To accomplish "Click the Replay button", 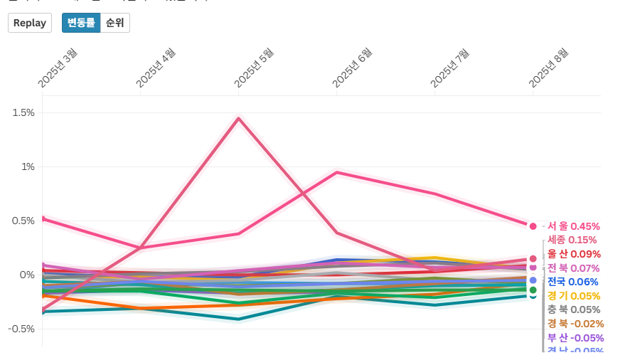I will [x=29, y=23].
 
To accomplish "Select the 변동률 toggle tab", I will [x=81, y=23].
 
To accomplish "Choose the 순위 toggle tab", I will [x=115, y=23].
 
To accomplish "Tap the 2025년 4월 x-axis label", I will [x=156, y=68].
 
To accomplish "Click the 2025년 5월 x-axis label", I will [x=254, y=68].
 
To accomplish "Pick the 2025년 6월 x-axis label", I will [x=352, y=68].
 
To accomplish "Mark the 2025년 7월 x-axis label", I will [x=450, y=68].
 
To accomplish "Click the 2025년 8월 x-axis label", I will [x=548, y=68].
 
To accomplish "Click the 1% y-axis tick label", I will [x=27, y=166].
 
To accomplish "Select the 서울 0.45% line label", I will [x=573, y=226].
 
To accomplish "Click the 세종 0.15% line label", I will [x=572, y=240].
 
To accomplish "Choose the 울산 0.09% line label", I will [x=574, y=254].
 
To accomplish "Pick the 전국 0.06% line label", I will [x=573, y=282].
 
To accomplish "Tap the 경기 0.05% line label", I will [x=573, y=296].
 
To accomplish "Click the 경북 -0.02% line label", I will [x=575, y=324].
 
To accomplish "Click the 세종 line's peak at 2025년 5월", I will [x=239, y=118].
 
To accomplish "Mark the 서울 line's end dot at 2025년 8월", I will [x=533, y=226].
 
